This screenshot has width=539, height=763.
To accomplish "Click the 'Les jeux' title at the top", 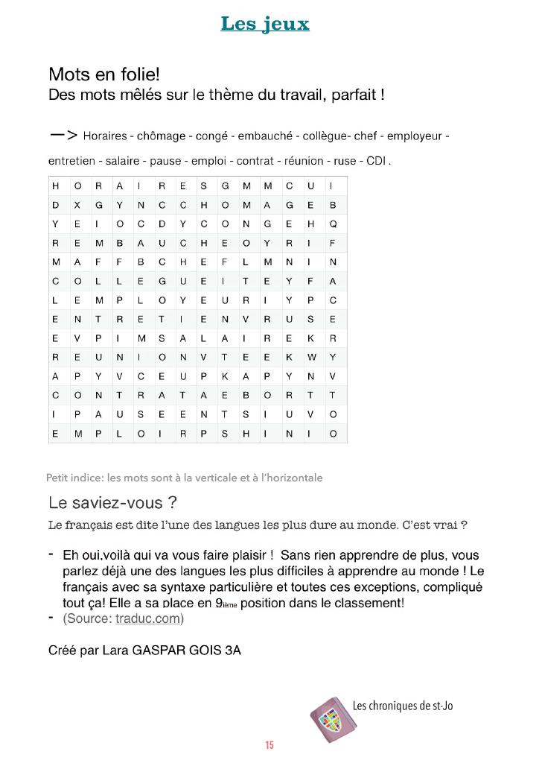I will (265, 24).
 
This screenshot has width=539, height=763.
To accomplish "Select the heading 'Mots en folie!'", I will (104, 75).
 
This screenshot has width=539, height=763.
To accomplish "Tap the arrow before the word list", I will (63, 136).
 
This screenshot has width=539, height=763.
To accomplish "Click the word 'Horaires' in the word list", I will (105, 136).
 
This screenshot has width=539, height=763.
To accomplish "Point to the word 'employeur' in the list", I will (414, 136).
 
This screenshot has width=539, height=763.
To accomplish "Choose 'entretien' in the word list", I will (71, 161).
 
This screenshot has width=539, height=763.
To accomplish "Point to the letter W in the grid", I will (311, 356).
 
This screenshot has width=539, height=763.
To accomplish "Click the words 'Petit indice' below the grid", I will (74, 478).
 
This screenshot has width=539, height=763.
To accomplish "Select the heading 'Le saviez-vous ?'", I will (112, 501).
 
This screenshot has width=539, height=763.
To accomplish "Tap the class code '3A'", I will (232, 650).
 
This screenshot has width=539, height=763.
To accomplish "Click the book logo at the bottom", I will (328, 718).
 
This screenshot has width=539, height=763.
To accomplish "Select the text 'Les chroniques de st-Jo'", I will (402, 706).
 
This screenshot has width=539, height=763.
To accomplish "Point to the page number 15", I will (269, 745).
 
